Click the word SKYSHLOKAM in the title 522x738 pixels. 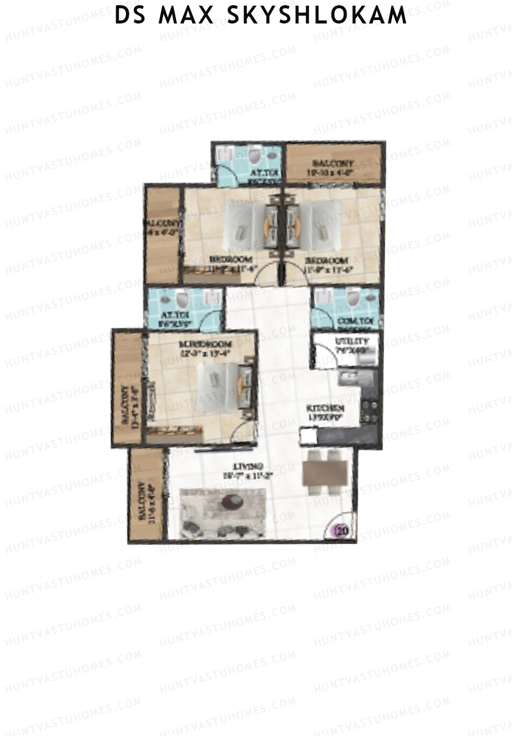point(317,16)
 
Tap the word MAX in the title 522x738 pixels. point(187,16)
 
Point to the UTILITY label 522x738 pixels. point(352,342)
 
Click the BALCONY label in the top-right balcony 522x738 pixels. point(333,164)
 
